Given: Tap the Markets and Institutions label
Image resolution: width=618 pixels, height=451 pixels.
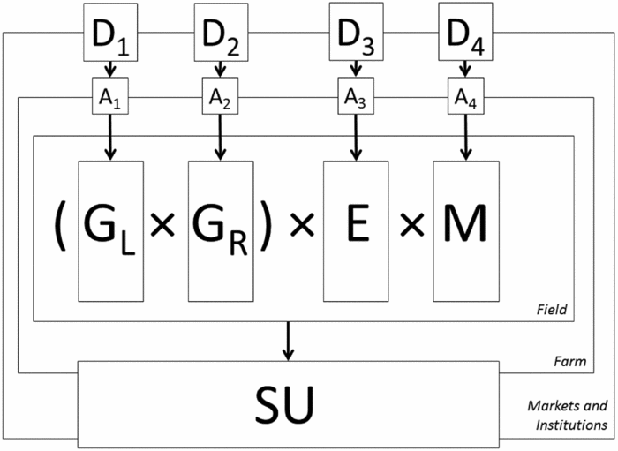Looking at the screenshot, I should tap(567, 415).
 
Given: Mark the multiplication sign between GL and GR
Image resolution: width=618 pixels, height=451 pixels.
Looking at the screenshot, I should tap(162, 227).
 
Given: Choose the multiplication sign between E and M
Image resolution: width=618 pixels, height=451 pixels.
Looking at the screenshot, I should tap(411, 227).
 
